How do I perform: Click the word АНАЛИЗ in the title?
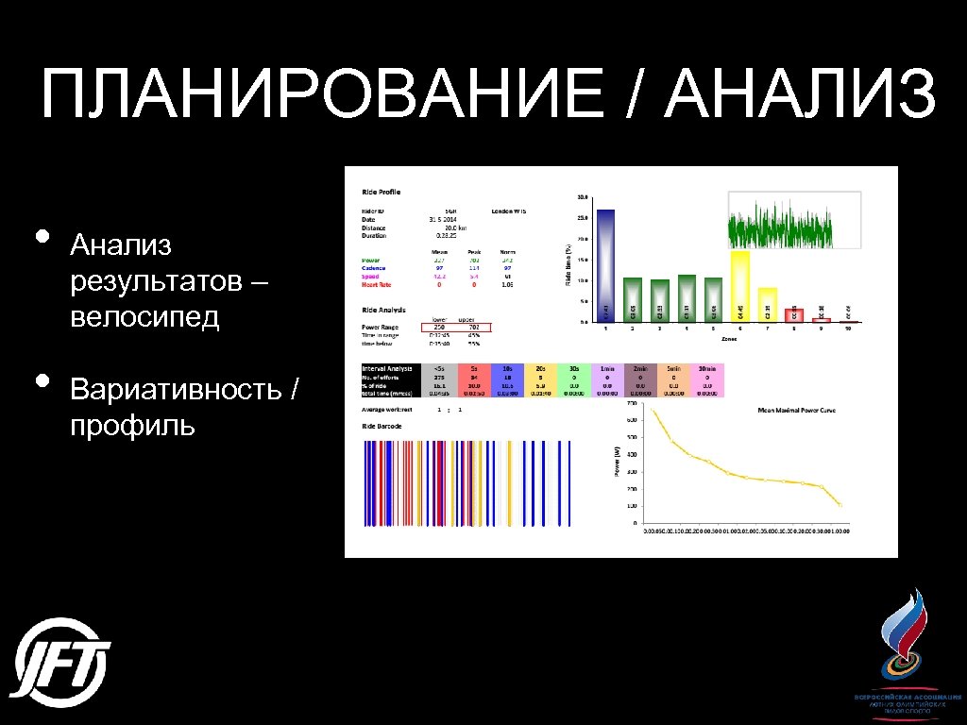(x=801, y=94)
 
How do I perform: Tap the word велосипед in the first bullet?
(x=144, y=316)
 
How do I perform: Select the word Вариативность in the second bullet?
(x=177, y=390)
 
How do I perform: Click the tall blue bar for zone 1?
(x=605, y=265)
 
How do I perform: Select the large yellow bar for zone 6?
(x=739, y=286)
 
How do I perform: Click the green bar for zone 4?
(x=687, y=298)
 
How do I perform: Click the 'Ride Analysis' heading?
(x=382, y=309)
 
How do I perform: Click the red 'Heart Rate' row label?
(x=375, y=284)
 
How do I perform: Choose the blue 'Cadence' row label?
(x=374, y=269)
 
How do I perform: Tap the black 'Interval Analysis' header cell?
(x=387, y=369)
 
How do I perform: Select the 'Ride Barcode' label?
(x=381, y=427)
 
